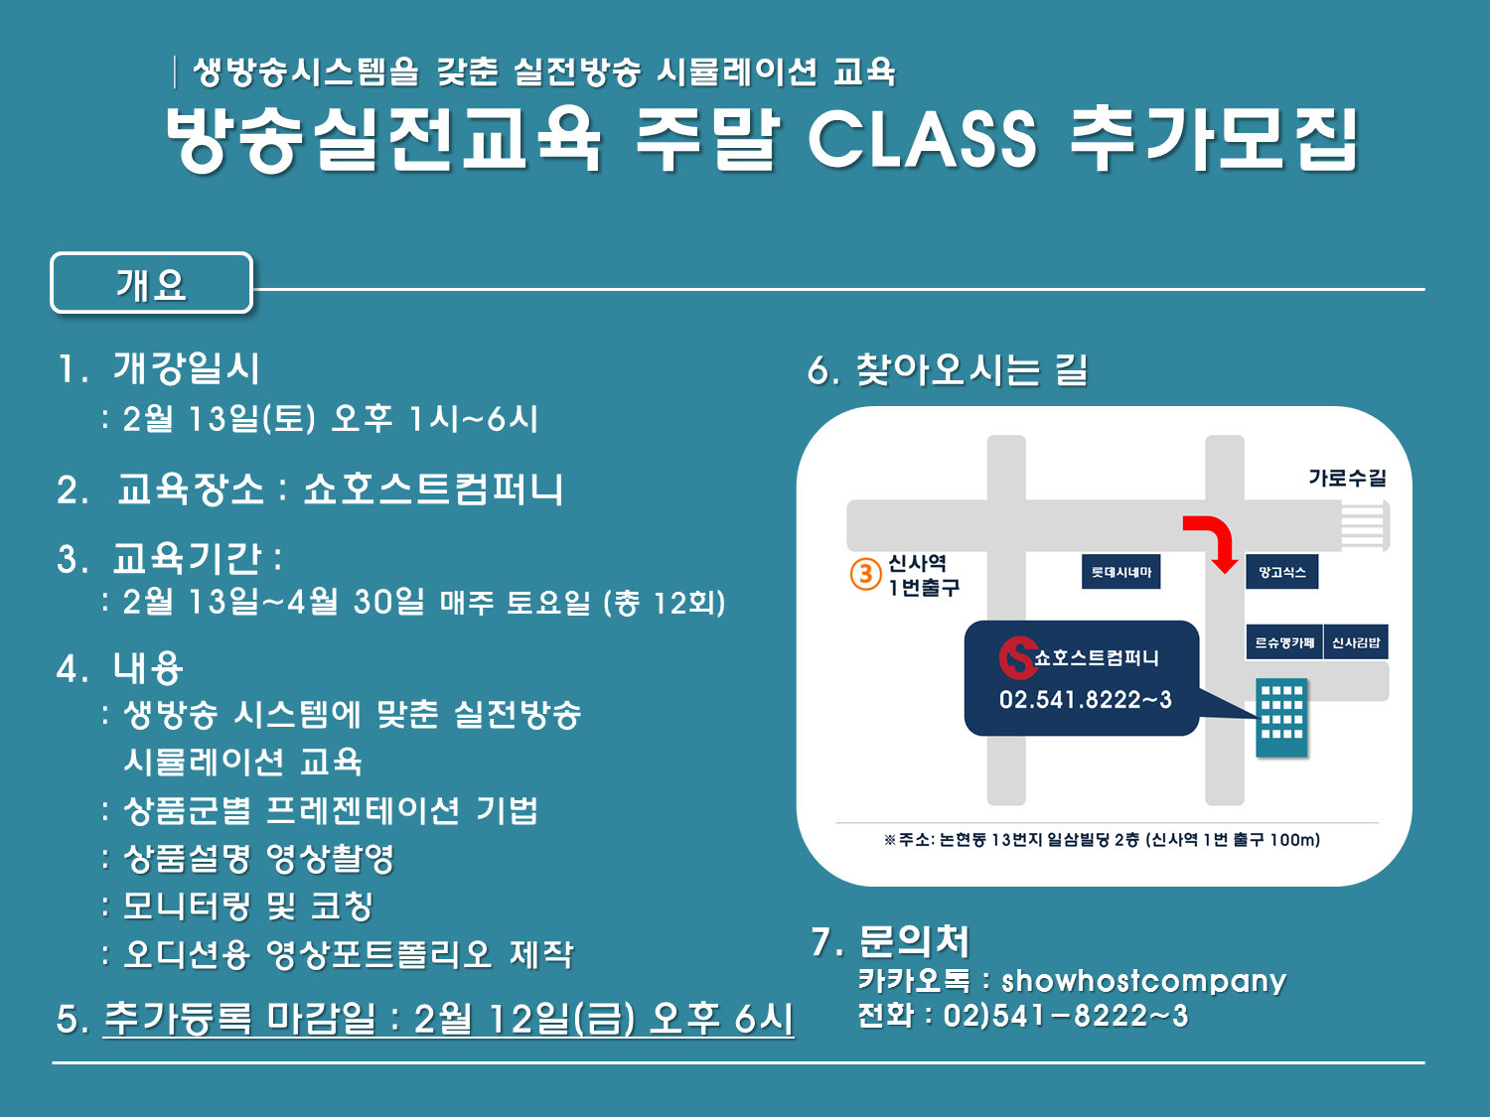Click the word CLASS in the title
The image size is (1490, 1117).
(923, 140)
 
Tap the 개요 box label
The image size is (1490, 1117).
(151, 284)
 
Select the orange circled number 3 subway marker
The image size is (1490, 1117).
(865, 574)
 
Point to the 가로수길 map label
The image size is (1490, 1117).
(1347, 478)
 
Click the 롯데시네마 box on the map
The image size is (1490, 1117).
(1120, 572)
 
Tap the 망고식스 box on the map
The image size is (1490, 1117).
(1281, 572)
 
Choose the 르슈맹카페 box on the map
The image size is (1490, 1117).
(1284, 641)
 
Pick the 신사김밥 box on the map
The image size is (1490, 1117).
(1356, 641)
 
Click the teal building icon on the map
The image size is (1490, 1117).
(1281, 718)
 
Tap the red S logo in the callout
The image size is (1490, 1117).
(1018, 658)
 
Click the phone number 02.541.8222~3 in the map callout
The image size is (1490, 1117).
(1085, 700)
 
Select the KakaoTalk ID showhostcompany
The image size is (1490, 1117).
(1143, 981)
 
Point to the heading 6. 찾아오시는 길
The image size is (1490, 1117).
(947, 370)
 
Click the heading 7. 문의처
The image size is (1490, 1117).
(890, 941)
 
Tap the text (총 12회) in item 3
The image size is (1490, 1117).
(665, 603)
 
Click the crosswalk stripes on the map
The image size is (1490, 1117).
(1365, 525)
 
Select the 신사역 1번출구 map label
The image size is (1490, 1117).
(923, 575)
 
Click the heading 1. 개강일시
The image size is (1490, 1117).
(158, 368)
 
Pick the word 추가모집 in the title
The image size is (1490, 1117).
(1214, 140)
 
